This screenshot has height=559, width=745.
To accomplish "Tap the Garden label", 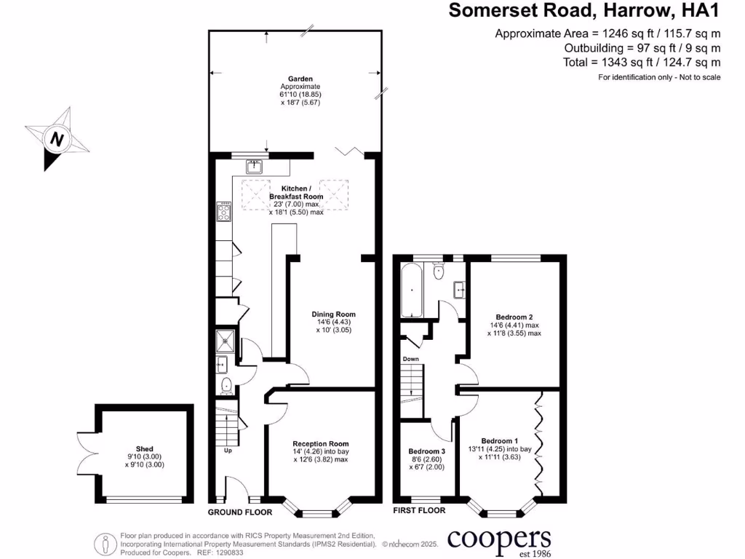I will (300, 79).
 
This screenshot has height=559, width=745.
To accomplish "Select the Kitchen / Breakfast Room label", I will (296, 192).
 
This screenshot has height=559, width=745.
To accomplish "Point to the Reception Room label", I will (321, 443).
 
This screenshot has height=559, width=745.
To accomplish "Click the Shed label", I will (144, 449).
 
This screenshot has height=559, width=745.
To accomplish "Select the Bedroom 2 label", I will (514, 317).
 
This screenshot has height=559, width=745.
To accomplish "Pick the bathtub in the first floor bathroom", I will (411, 290).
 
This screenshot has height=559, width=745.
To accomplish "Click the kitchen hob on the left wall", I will (223, 213).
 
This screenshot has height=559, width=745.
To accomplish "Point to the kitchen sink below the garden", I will (255, 167).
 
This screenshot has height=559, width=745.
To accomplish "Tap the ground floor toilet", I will (225, 384).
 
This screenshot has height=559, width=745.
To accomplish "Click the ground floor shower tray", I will (225, 338).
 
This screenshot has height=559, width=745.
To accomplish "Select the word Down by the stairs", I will (411, 359).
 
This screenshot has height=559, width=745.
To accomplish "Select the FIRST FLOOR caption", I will (418, 511).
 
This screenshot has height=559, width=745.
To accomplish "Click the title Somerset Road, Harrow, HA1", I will (584, 10).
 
